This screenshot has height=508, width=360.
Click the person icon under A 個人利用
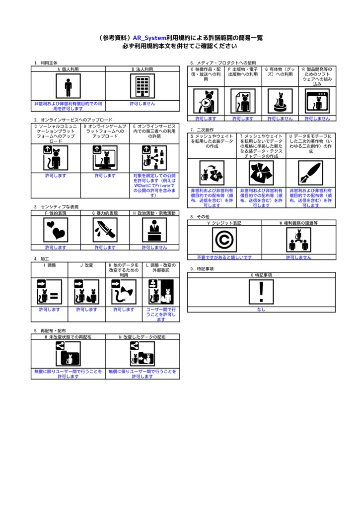tap(68, 87)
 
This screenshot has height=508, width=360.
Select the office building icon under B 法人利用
tap(143, 87)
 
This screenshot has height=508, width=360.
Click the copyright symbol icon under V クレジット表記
tap(224, 240)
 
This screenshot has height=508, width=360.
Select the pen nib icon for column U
tap(311, 173)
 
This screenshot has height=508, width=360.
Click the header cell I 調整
tap(50, 265)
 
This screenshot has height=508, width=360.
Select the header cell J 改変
tap(86, 265)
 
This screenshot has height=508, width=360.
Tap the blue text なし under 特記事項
tap(262, 310)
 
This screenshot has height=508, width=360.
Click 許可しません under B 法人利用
tap(143, 104)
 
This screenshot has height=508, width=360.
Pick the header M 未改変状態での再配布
tap(68, 337)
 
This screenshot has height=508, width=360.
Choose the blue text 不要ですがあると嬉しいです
tap(224, 257)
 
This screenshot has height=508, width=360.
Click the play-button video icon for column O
tap(205, 101)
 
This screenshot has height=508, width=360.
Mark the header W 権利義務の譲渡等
tap(298, 223)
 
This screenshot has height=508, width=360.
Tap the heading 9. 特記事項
tap(202, 268)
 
